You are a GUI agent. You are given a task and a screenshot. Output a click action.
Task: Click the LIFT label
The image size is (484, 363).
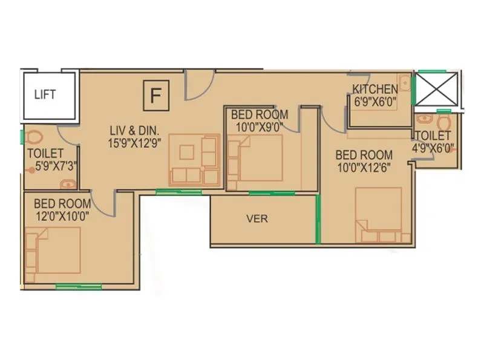[45, 94]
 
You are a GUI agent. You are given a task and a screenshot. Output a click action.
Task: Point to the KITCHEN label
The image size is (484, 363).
[375, 90]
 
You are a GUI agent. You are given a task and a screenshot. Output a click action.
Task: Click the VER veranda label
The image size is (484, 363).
[257, 218]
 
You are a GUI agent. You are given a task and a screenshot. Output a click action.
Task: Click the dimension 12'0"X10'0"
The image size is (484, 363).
[62, 216]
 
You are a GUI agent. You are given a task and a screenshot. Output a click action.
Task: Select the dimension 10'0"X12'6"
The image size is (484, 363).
[364, 168]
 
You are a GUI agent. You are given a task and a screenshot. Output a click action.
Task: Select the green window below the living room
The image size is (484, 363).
[178, 192]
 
